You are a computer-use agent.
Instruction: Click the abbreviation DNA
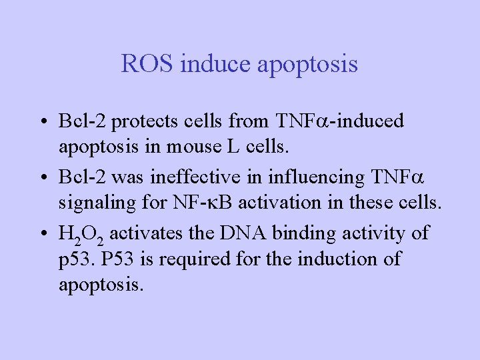(x=249, y=234)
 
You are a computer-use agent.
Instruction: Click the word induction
(x=340, y=257)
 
